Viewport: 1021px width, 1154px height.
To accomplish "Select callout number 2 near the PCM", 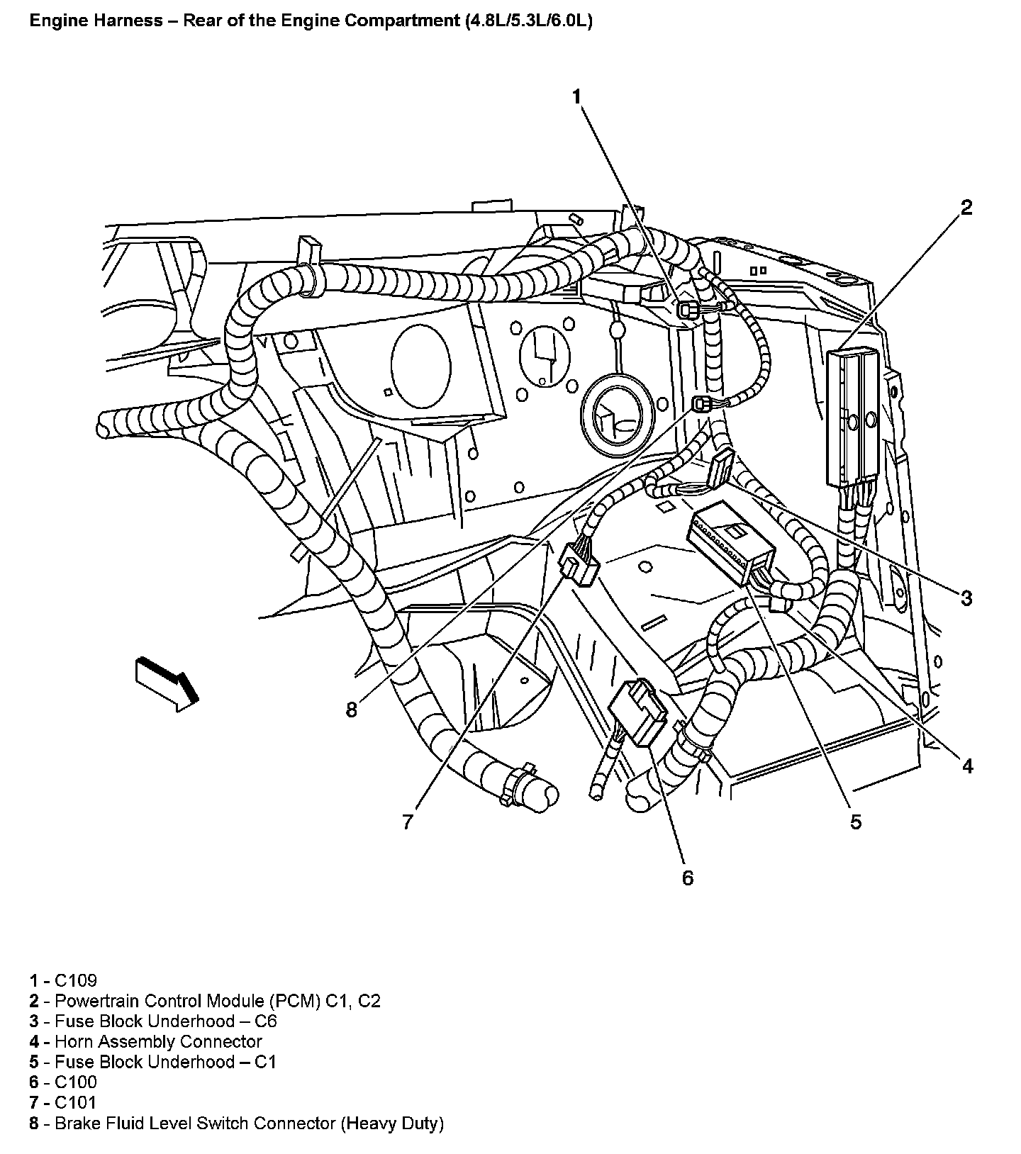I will [966, 208].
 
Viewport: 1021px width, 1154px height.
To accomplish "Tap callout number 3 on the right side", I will [966, 598].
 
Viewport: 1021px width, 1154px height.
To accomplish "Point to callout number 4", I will [968, 766].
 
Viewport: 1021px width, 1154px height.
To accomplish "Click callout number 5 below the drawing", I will [856, 822].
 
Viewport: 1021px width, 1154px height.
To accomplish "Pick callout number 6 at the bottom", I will [687, 878].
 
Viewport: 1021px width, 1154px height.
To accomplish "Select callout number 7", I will [407, 822].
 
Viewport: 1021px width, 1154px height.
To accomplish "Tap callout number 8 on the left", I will [352, 710].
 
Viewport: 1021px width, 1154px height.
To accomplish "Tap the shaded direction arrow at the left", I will [166, 683].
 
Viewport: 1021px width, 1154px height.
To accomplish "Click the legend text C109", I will [75, 980].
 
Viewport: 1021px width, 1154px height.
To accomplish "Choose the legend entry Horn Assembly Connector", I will [158, 1041].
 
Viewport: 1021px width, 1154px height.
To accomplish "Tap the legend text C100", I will [75, 1082].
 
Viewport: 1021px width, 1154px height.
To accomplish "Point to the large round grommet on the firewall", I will [615, 419].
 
